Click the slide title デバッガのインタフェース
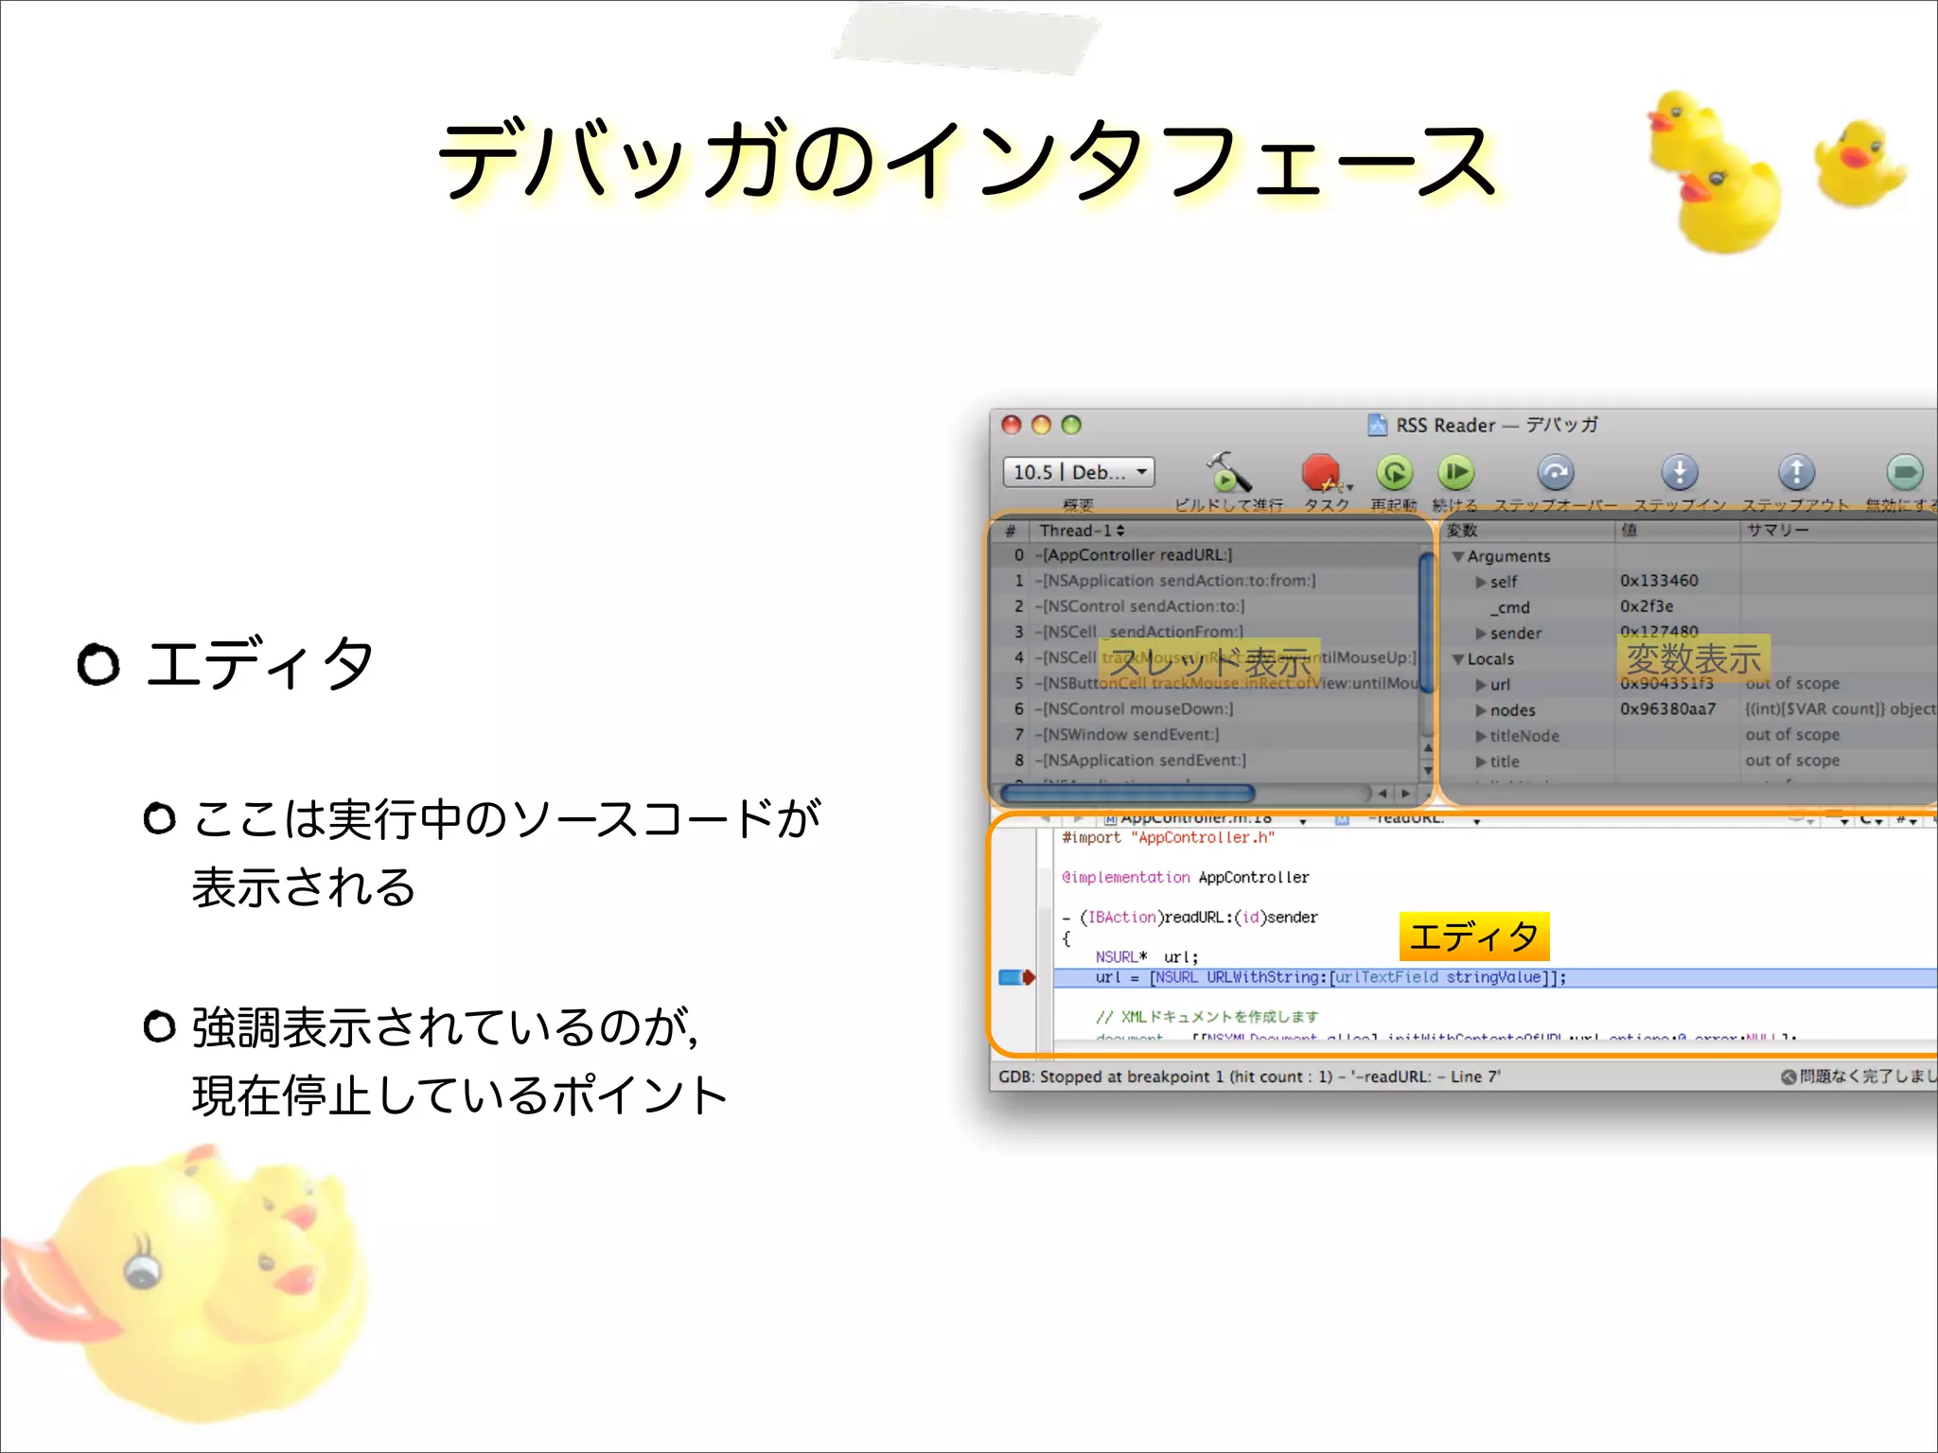click(x=967, y=161)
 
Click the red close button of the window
click(x=1012, y=425)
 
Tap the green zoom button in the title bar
click(x=1071, y=425)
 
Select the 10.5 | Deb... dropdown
click(x=1079, y=471)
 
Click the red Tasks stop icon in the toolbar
click(x=1320, y=472)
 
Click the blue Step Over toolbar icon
click(x=1555, y=472)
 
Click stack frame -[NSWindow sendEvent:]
click(x=1131, y=734)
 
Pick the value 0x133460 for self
click(x=1659, y=581)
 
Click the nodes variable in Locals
click(x=1512, y=709)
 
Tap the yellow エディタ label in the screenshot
click(x=1473, y=937)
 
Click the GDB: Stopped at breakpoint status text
click(x=1249, y=1077)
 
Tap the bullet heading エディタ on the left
click(x=260, y=663)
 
